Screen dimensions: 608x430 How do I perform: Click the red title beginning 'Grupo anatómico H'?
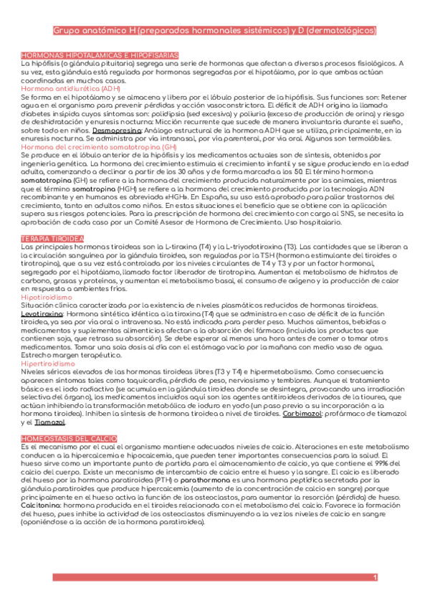[x=215, y=32]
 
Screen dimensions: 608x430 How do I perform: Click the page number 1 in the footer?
[x=375, y=578]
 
